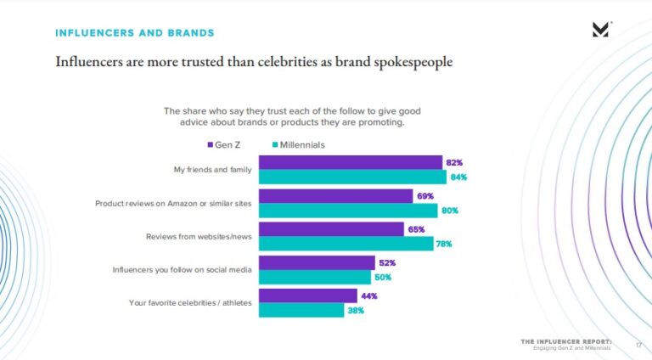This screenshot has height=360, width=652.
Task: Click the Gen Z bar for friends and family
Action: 350,162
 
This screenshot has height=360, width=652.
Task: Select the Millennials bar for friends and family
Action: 352,177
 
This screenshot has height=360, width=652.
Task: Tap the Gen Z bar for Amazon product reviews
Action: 335,195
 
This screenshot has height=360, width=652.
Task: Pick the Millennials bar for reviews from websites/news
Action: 346,244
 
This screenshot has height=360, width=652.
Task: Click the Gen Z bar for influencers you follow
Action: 316,262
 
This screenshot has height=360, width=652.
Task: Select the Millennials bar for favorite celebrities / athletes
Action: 301,310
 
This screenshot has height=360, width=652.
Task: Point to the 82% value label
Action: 454,162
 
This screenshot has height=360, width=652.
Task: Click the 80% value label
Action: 449,211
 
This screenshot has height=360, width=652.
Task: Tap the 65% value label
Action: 416,229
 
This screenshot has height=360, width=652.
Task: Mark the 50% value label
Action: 383,277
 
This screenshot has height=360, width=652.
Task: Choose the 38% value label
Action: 355,310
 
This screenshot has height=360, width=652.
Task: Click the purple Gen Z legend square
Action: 210,144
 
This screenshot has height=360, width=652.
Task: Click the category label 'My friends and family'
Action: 212,170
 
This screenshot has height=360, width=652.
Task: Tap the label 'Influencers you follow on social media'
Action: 182,269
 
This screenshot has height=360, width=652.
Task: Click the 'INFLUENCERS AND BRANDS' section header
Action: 134,33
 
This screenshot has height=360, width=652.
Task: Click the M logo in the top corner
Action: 600,30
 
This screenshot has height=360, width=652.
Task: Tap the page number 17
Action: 638,346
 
